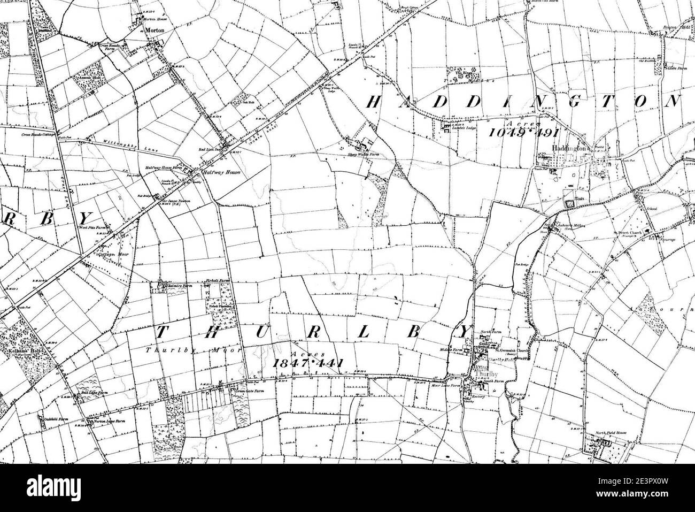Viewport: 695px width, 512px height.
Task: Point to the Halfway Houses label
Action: [x=216, y=173]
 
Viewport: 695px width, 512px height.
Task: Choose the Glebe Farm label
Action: [x=675, y=67]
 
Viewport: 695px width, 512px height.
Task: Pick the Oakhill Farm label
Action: [x=53, y=414]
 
